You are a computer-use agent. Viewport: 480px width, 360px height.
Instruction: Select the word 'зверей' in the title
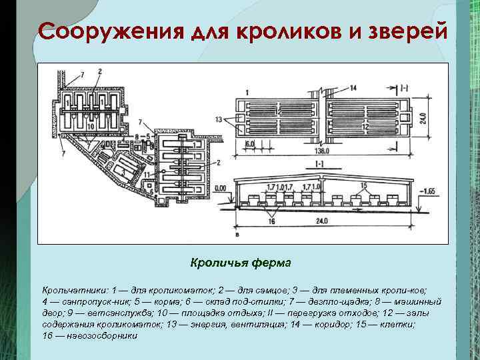point(404,31)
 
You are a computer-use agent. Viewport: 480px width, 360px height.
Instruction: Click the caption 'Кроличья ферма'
point(240,263)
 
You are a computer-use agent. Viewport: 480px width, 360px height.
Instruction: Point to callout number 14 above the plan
point(353,87)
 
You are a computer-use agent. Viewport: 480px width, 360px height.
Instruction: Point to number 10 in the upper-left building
point(89,125)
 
